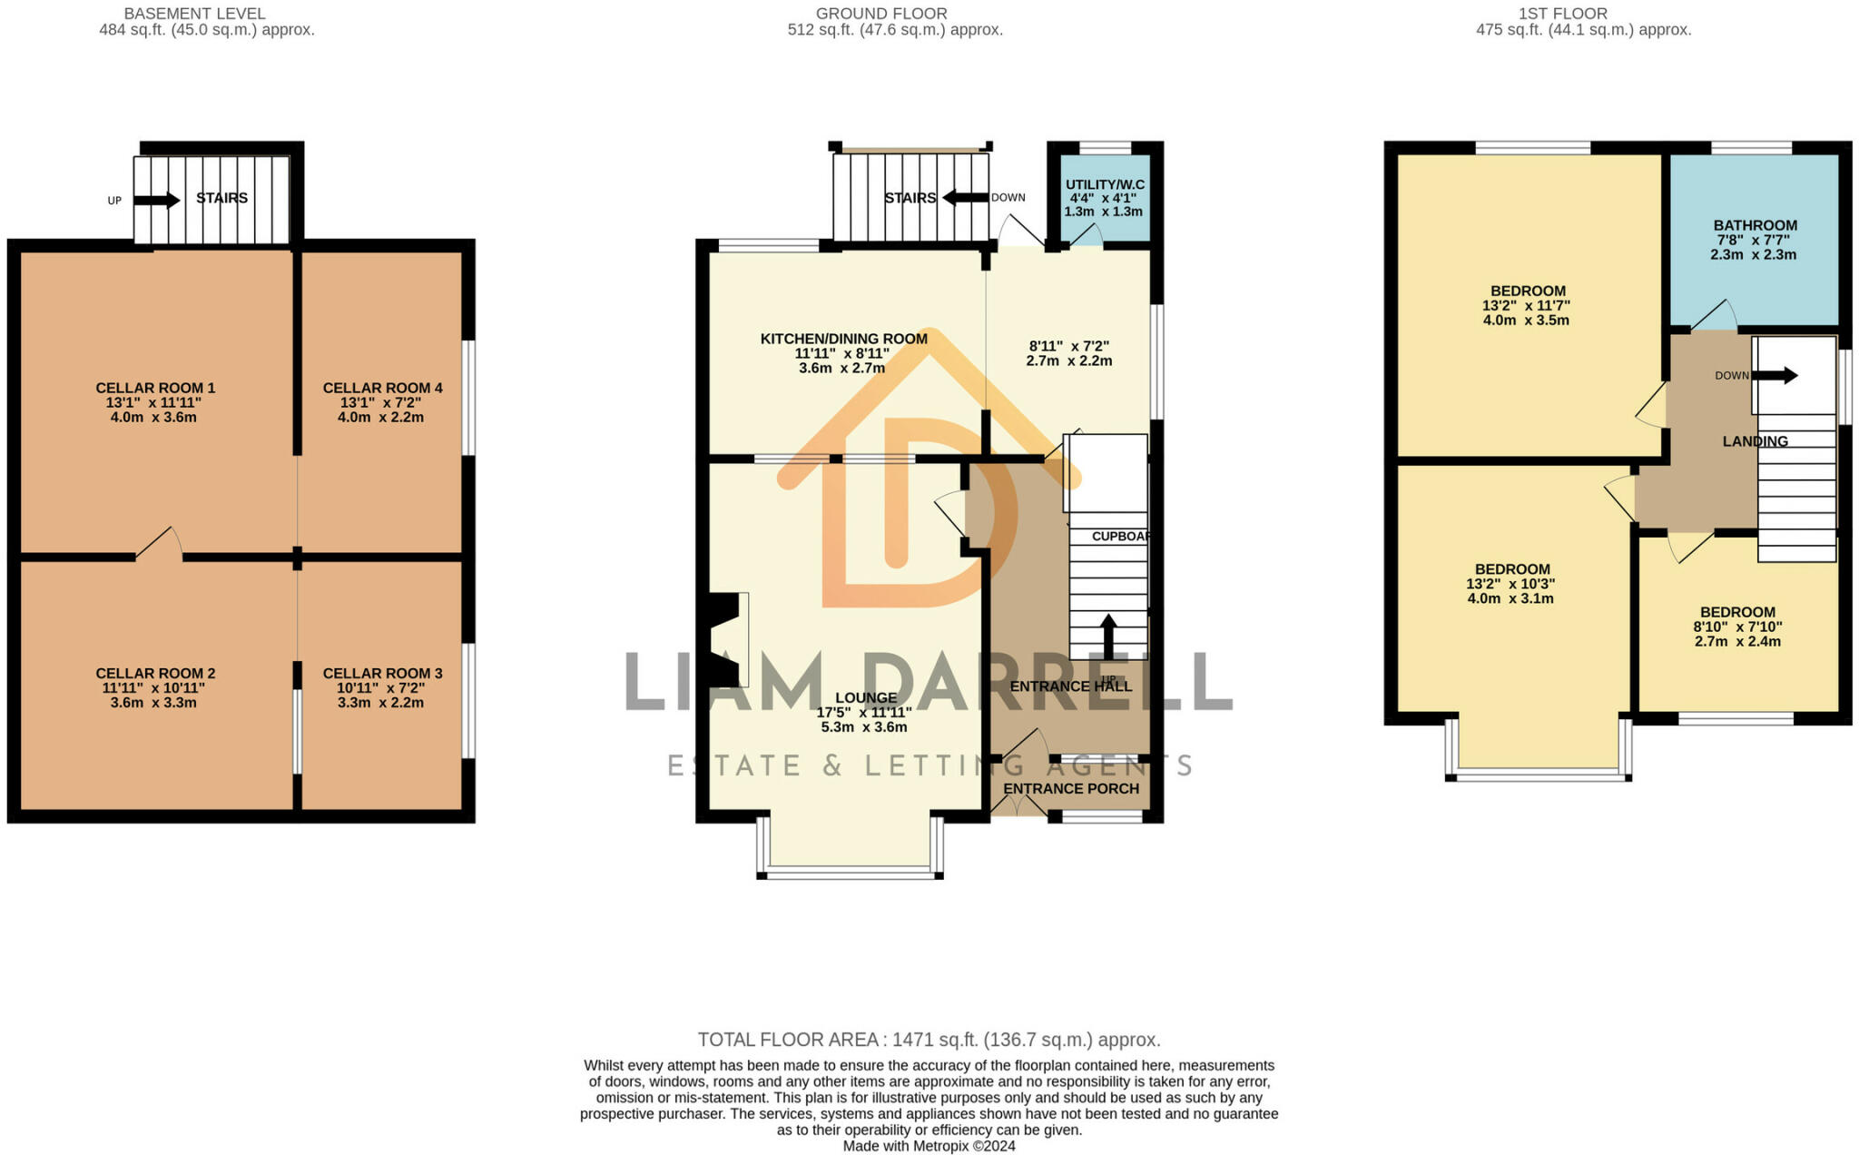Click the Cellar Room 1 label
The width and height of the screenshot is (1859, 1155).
pos(155,388)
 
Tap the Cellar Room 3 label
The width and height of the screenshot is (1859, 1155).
pos(382,673)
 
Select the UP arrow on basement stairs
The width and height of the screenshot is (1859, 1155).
pos(157,200)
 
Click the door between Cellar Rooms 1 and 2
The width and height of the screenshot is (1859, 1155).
pos(160,545)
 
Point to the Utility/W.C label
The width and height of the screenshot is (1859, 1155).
pos(1104,184)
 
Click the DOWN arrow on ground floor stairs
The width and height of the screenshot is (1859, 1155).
pos(965,197)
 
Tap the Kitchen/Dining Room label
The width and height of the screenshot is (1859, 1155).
pos(843,339)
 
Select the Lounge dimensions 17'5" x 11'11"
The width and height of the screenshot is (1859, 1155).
pos(864,713)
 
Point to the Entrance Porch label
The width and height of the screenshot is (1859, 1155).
pos(1070,788)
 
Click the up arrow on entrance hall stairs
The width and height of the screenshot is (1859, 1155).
pos(1107,636)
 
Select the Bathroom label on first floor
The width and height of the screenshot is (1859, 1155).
pos(1755,225)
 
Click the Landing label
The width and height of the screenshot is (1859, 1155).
pos(1755,441)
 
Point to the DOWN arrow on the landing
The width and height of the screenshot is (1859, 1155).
pos(1775,375)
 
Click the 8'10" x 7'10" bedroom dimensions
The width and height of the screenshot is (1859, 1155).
pos(1737,627)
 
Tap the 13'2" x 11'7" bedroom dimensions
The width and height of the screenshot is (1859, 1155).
pos(1526,306)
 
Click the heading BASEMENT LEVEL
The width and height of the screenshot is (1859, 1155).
pos(194,14)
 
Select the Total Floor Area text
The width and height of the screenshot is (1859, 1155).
pos(929,1040)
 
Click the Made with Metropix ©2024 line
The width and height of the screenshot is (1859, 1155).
pos(929,1146)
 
